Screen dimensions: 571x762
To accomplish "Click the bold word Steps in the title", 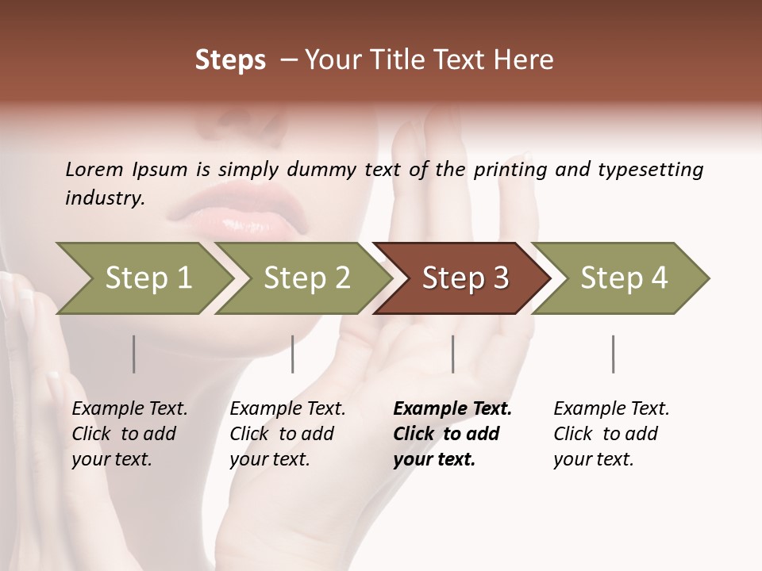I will [230, 60].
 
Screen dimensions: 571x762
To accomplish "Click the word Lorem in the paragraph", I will [94, 170].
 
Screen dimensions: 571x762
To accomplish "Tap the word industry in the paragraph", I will [104, 198].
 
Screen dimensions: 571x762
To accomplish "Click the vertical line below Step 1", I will [134, 354].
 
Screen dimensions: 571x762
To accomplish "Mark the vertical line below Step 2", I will [293, 354].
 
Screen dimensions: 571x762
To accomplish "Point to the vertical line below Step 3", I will [452, 354].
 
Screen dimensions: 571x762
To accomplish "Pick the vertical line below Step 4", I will [613, 354].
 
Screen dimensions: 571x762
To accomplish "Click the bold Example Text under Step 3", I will [452, 409].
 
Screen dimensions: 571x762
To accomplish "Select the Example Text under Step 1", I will [129, 409].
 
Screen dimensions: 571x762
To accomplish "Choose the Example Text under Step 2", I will [287, 409].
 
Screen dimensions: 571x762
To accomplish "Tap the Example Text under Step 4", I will [611, 409].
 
